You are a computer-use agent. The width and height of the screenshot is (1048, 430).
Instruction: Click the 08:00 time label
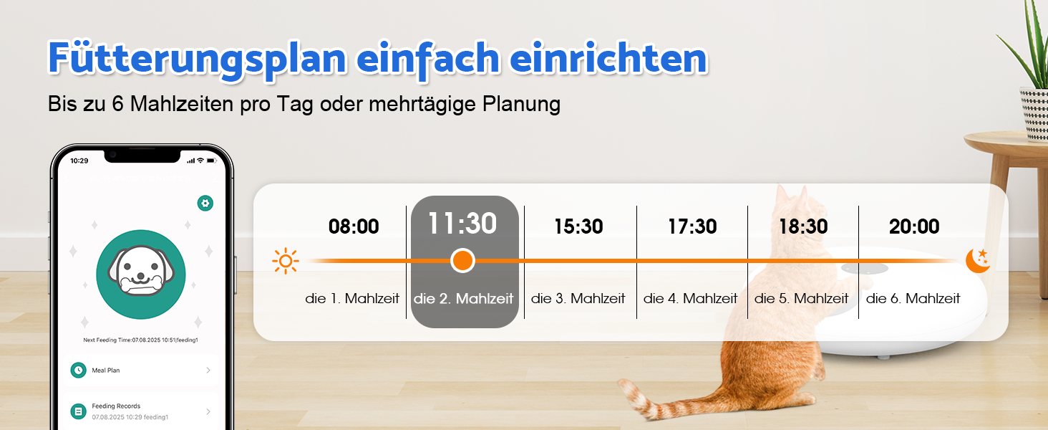[354, 226]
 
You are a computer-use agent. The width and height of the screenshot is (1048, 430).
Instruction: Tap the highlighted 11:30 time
[462, 224]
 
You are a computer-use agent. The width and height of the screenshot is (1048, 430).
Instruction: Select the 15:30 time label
[578, 226]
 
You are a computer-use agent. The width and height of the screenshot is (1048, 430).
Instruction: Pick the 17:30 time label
[692, 226]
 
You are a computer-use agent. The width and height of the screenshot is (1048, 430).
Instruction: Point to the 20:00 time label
[914, 226]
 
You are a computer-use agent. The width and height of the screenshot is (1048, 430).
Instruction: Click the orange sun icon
[286, 261]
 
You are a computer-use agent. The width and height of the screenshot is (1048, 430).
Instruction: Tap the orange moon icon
[979, 260]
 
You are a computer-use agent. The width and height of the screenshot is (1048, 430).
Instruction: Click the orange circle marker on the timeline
[462, 260]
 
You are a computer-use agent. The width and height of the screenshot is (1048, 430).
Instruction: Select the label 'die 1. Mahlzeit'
[351, 298]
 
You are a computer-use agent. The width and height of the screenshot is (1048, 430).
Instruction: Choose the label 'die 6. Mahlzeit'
[913, 298]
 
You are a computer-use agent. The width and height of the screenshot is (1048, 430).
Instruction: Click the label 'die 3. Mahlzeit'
[578, 298]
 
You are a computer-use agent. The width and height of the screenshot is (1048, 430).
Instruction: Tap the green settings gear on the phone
[205, 204]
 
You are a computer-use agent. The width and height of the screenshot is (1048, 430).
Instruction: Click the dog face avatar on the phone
[141, 274]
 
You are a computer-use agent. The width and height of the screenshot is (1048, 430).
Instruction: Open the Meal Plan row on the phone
[141, 370]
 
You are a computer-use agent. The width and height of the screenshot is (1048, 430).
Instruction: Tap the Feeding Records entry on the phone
[141, 411]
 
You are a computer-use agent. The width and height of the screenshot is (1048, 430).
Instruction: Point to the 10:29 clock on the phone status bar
[79, 161]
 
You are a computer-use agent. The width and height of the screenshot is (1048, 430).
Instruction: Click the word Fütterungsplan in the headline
[197, 59]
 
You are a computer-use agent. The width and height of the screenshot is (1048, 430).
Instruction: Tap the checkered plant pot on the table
[1034, 114]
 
